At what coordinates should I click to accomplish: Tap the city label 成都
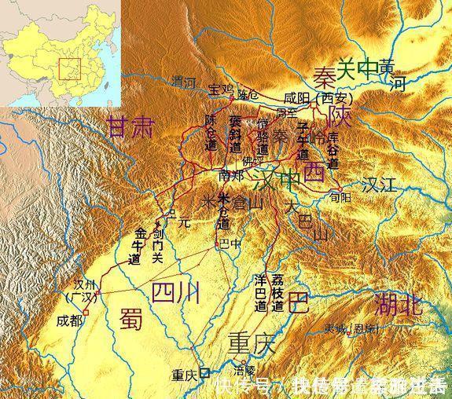tap(69, 320)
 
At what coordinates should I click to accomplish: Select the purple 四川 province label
tap(175, 292)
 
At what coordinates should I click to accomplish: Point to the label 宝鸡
tap(222, 88)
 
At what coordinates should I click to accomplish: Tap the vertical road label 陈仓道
tap(211, 133)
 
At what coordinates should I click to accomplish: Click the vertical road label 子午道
tap(304, 141)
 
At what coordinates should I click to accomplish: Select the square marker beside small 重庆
tap(204, 374)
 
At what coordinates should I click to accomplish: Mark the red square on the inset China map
tap(71, 68)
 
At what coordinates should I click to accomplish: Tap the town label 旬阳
tap(338, 198)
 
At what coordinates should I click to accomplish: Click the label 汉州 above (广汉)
tap(83, 284)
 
